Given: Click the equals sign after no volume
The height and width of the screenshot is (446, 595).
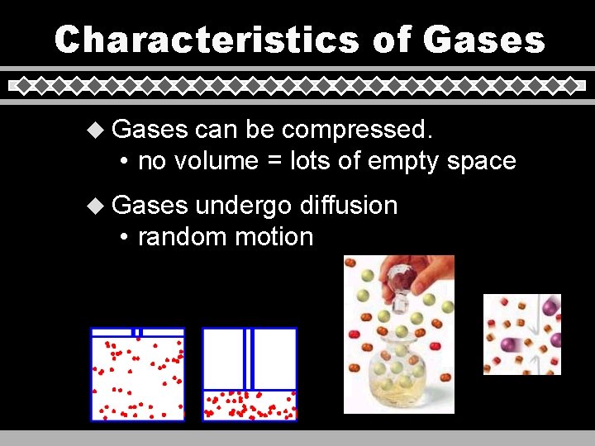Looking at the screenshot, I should pyautogui.click(x=274, y=162).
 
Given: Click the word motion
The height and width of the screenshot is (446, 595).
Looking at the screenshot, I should pyautogui.click(x=274, y=237).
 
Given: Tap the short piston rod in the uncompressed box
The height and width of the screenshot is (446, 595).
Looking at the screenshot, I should pyautogui.click(x=138, y=332).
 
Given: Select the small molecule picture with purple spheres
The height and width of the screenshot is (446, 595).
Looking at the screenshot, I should pyautogui.click(x=521, y=334).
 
